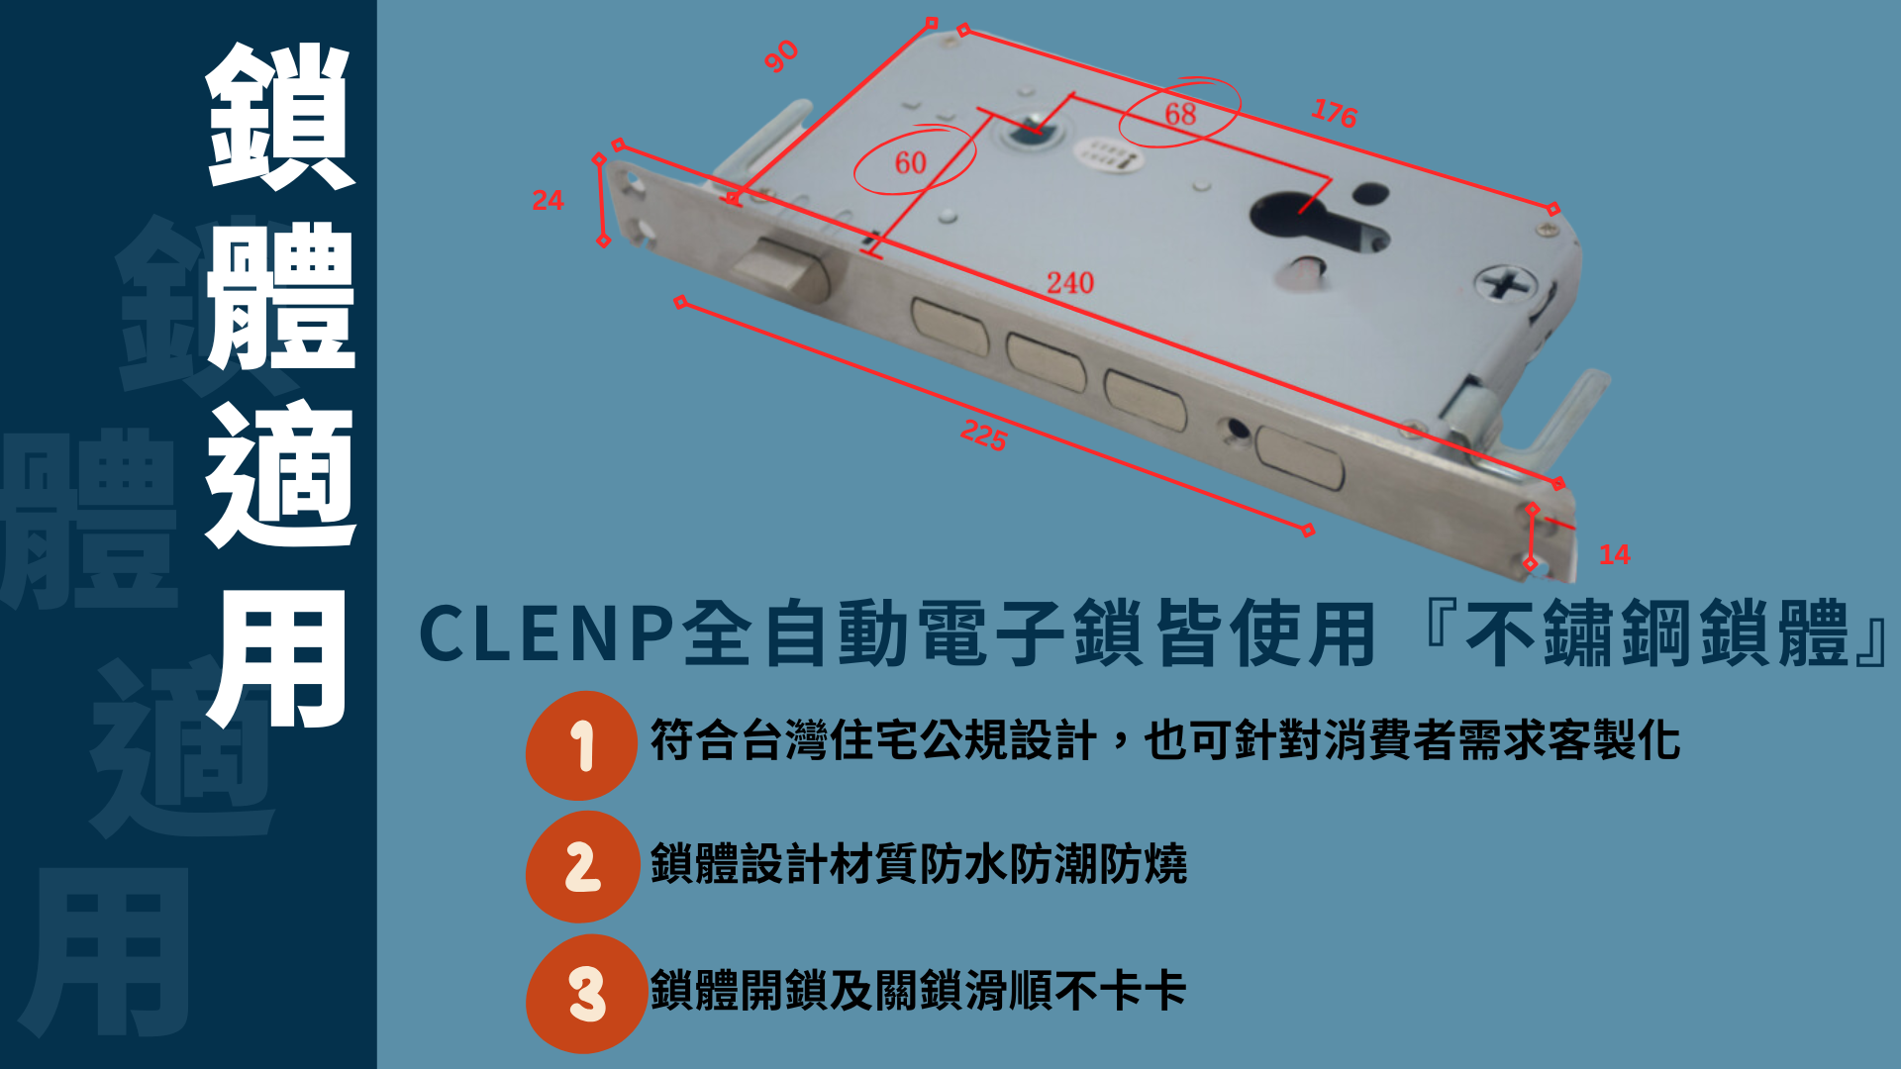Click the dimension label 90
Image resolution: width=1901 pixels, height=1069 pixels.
pos(781,56)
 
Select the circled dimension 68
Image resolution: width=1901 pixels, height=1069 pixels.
pos(1180,113)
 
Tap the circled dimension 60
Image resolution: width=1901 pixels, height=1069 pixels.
pos(911,162)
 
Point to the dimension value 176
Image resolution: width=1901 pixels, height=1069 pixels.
pos(1334,113)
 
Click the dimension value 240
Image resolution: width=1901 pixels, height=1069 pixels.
pos(1070,283)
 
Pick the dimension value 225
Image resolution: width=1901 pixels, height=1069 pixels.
pos(984,435)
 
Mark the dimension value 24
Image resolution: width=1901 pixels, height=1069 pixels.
pos(548,200)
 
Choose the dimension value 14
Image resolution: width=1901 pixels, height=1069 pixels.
pos(1615,554)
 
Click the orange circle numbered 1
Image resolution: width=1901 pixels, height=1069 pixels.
pos(581,745)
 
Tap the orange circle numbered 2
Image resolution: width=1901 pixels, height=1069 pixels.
pos(582,867)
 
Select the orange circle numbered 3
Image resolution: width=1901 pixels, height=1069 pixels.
pos(585,994)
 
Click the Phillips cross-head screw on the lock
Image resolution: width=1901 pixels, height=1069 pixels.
pos(1506,286)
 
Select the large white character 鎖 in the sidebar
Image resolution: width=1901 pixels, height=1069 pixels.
pos(280,116)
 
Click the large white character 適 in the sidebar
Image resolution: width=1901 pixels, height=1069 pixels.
pos(280,475)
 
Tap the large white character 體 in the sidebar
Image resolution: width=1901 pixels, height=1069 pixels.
pos(280,295)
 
